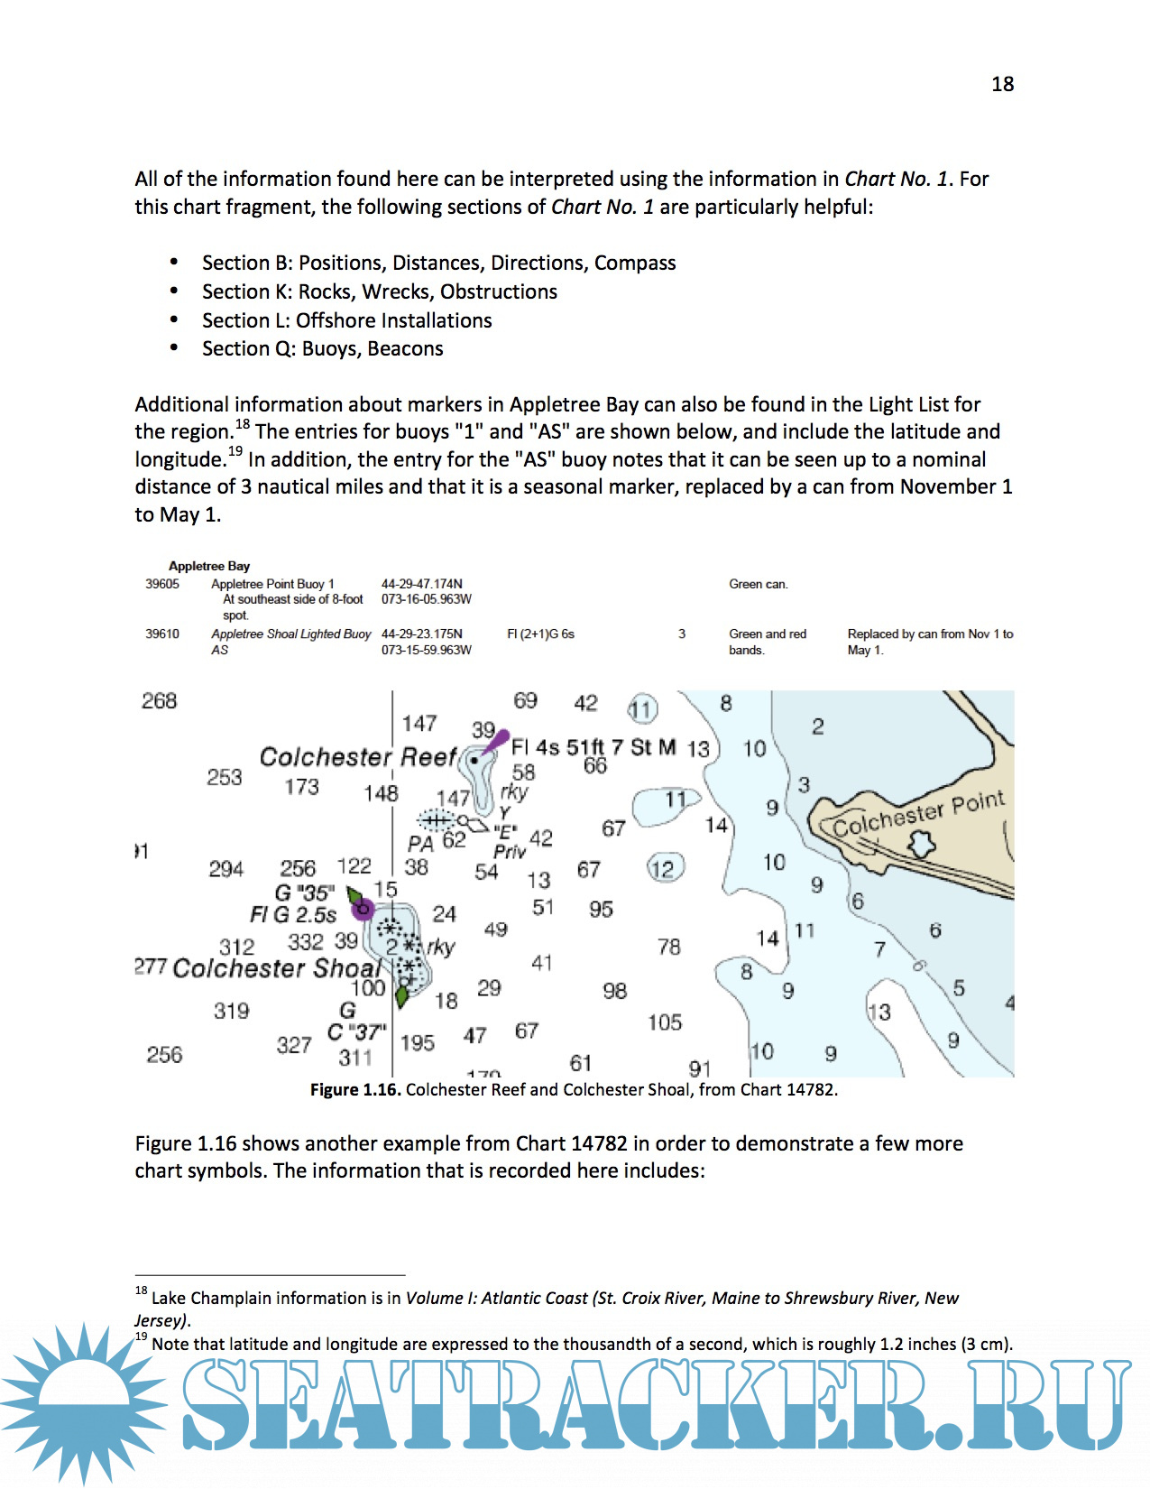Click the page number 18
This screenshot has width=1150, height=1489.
click(x=1002, y=84)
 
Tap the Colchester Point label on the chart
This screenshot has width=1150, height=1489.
click(x=917, y=814)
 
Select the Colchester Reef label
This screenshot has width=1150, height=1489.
click(x=358, y=757)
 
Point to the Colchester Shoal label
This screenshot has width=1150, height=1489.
click(x=276, y=968)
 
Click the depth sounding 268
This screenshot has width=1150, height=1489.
click(x=160, y=701)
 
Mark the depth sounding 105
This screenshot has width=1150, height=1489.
click(x=665, y=1022)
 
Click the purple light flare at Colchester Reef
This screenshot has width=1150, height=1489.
click(x=494, y=742)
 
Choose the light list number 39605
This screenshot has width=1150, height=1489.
click(x=162, y=585)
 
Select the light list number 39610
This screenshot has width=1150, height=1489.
click(x=162, y=634)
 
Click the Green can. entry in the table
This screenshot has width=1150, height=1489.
click(x=758, y=585)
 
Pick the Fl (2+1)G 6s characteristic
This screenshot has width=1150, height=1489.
click(x=540, y=634)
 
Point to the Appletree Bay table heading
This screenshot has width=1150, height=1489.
click(x=209, y=566)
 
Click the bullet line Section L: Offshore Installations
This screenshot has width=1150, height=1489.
click(x=347, y=320)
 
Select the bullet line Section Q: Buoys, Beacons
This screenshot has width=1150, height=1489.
click(x=323, y=348)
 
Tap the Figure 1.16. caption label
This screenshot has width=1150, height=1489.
click(x=354, y=1089)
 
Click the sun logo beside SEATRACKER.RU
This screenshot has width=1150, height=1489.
click(x=84, y=1403)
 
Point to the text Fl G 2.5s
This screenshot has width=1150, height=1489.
click(x=293, y=915)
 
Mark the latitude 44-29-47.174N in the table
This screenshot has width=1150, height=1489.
click(x=421, y=585)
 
